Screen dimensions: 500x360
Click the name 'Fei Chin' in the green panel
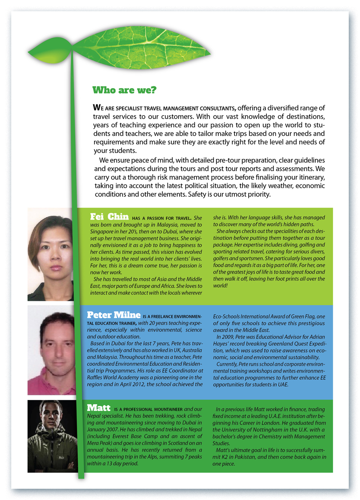point(110,216)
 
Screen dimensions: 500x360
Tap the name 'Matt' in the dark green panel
point(99,408)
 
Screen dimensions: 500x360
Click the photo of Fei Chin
point(50,254)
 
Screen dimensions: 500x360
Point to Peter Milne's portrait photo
point(50,350)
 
